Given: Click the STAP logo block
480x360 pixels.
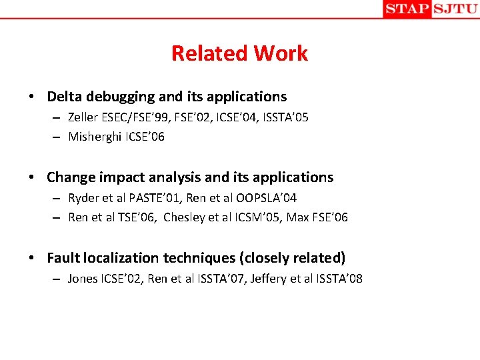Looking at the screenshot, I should pyautogui.click(x=407, y=9).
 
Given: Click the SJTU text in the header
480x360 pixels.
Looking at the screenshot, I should pyautogui.click(x=455, y=9).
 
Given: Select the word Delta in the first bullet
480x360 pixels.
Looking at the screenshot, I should pyautogui.click(x=65, y=97).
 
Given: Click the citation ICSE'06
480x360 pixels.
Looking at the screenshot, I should pyautogui.click(x=148, y=137).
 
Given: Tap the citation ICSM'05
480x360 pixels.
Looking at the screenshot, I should pyautogui.click(x=255, y=217).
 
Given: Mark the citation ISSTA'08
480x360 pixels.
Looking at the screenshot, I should pyautogui.click(x=339, y=279).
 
